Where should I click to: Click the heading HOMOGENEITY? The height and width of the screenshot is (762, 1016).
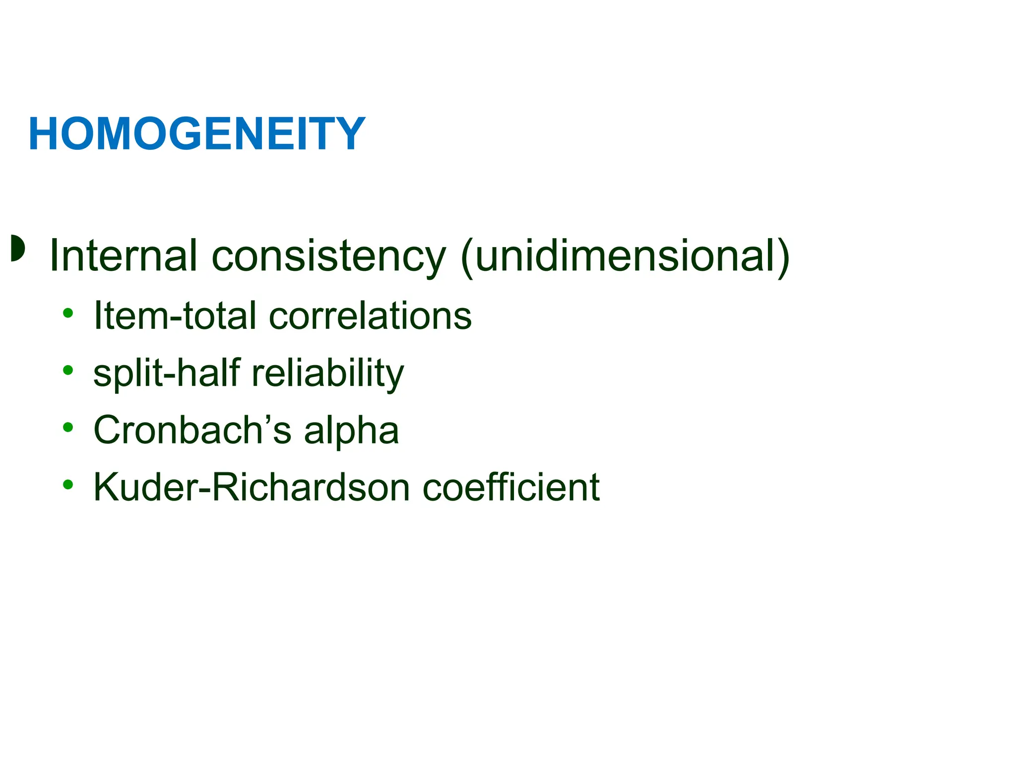point(197,134)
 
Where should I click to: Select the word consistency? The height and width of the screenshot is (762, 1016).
point(328,257)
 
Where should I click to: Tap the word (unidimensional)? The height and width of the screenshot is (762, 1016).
point(625,256)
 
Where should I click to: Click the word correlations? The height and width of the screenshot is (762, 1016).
point(370,316)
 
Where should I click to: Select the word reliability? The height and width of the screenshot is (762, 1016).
point(328,373)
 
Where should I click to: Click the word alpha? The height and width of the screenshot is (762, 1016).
point(351,431)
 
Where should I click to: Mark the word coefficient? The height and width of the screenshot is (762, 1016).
point(511,487)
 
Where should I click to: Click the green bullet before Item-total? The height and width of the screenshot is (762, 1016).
point(68,313)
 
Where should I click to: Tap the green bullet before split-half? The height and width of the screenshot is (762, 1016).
point(68,370)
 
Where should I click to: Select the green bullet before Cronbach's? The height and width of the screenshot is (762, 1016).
point(68,427)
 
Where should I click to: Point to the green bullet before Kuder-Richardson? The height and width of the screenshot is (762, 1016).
point(68,484)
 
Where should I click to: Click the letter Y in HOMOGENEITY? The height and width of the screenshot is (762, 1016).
point(348,134)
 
